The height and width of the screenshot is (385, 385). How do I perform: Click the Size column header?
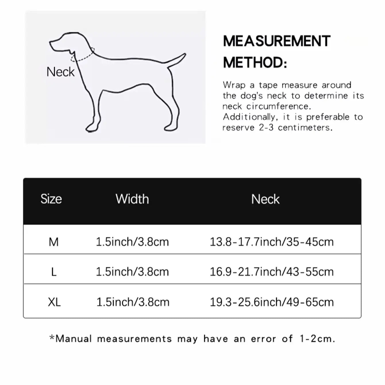point(51,199)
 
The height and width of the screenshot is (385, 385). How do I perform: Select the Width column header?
point(132,199)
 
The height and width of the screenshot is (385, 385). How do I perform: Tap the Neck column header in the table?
point(265,199)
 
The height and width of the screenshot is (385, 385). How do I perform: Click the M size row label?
point(54,242)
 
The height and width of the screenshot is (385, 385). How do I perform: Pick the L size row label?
point(54,272)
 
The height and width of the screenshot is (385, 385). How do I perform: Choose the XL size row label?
point(54,302)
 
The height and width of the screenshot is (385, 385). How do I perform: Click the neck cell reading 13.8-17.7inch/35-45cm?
point(272,242)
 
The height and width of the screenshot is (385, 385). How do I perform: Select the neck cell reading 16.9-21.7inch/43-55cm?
point(272,272)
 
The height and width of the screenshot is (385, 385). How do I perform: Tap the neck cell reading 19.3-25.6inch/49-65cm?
point(272,302)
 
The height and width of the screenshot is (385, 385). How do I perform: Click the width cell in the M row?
point(132,242)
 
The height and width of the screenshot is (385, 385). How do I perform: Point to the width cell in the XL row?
point(133,302)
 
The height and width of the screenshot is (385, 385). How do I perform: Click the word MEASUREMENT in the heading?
point(277,41)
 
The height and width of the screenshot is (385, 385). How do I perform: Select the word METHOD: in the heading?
point(255,63)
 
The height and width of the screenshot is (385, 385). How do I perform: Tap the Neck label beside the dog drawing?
point(60,72)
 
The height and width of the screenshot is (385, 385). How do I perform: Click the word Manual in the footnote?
point(74,339)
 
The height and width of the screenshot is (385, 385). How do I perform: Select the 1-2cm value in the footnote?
point(317,339)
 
